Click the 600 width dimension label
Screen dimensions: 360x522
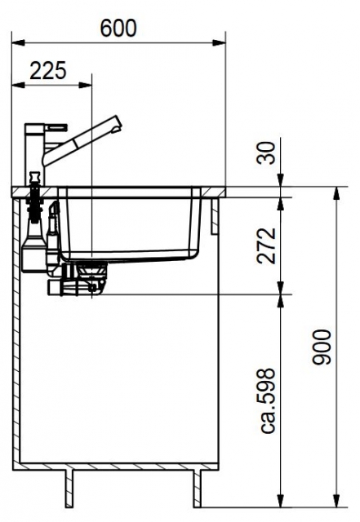point(118,28)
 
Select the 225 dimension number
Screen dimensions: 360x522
point(48,71)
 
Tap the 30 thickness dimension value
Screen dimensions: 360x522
point(267,153)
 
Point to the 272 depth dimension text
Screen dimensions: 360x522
point(267,246)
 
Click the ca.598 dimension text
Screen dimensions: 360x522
point(268,400)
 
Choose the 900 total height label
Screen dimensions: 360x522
point(322,347)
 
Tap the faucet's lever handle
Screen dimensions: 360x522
point(56,127)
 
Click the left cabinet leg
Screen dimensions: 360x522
point(69,489)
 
